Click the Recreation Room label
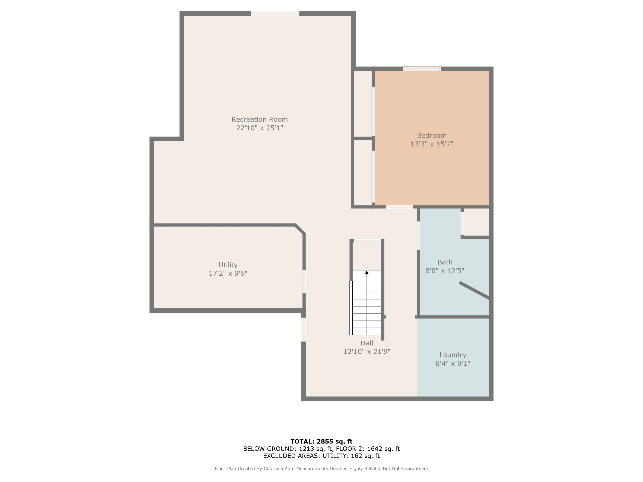coord(259,119)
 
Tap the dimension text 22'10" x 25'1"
coord(259,128)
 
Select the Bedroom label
coord(431,135)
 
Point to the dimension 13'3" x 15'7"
coord(431,144)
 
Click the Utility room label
coord(228,265)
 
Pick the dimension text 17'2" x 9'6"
coord(228,273)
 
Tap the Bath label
coord(445,262)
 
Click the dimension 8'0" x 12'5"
coord(445,271)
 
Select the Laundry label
coord(453,355)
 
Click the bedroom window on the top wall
coord(422,69)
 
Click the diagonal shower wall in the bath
coord(474,290)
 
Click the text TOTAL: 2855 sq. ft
coord(321,441)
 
